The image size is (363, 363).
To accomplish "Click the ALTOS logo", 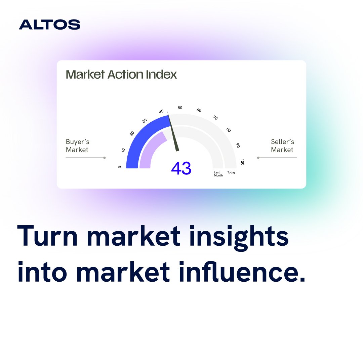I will coord(49,25).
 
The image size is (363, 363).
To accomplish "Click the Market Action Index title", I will coord(121,74).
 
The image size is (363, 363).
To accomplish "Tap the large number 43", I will coord(181,168).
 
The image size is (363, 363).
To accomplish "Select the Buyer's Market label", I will coord(78,146).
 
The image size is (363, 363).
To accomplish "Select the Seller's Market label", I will coord(282,146).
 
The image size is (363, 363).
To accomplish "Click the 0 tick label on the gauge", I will coord(120,167).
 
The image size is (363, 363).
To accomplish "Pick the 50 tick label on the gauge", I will coord(180,108).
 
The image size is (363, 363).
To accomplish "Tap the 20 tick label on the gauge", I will coord(132,133).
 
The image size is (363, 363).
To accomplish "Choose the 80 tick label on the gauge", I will coord(229,130).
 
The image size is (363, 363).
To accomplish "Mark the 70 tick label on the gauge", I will coord(215,118).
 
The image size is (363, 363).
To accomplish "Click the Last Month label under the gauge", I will coord(218,174).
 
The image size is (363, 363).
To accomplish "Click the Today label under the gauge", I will coord(231,172).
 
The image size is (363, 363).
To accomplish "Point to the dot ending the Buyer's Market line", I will coord(105,158).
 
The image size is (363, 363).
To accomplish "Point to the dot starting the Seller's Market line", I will coord(258,158).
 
